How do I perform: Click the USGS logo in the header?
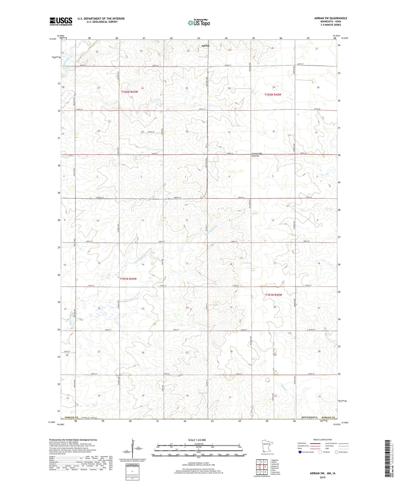tap(61, 21)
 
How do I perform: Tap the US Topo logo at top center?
tap(198, 23)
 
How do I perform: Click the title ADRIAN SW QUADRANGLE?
tap(331, 18)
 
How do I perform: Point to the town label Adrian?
tap(205, 46)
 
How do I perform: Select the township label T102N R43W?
tap(130, 92)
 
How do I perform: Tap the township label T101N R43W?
tap(128, 279)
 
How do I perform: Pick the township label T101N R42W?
tap(273, 295)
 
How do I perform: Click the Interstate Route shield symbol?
tap(300, 452)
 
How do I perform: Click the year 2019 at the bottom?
tap(322, 477)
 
